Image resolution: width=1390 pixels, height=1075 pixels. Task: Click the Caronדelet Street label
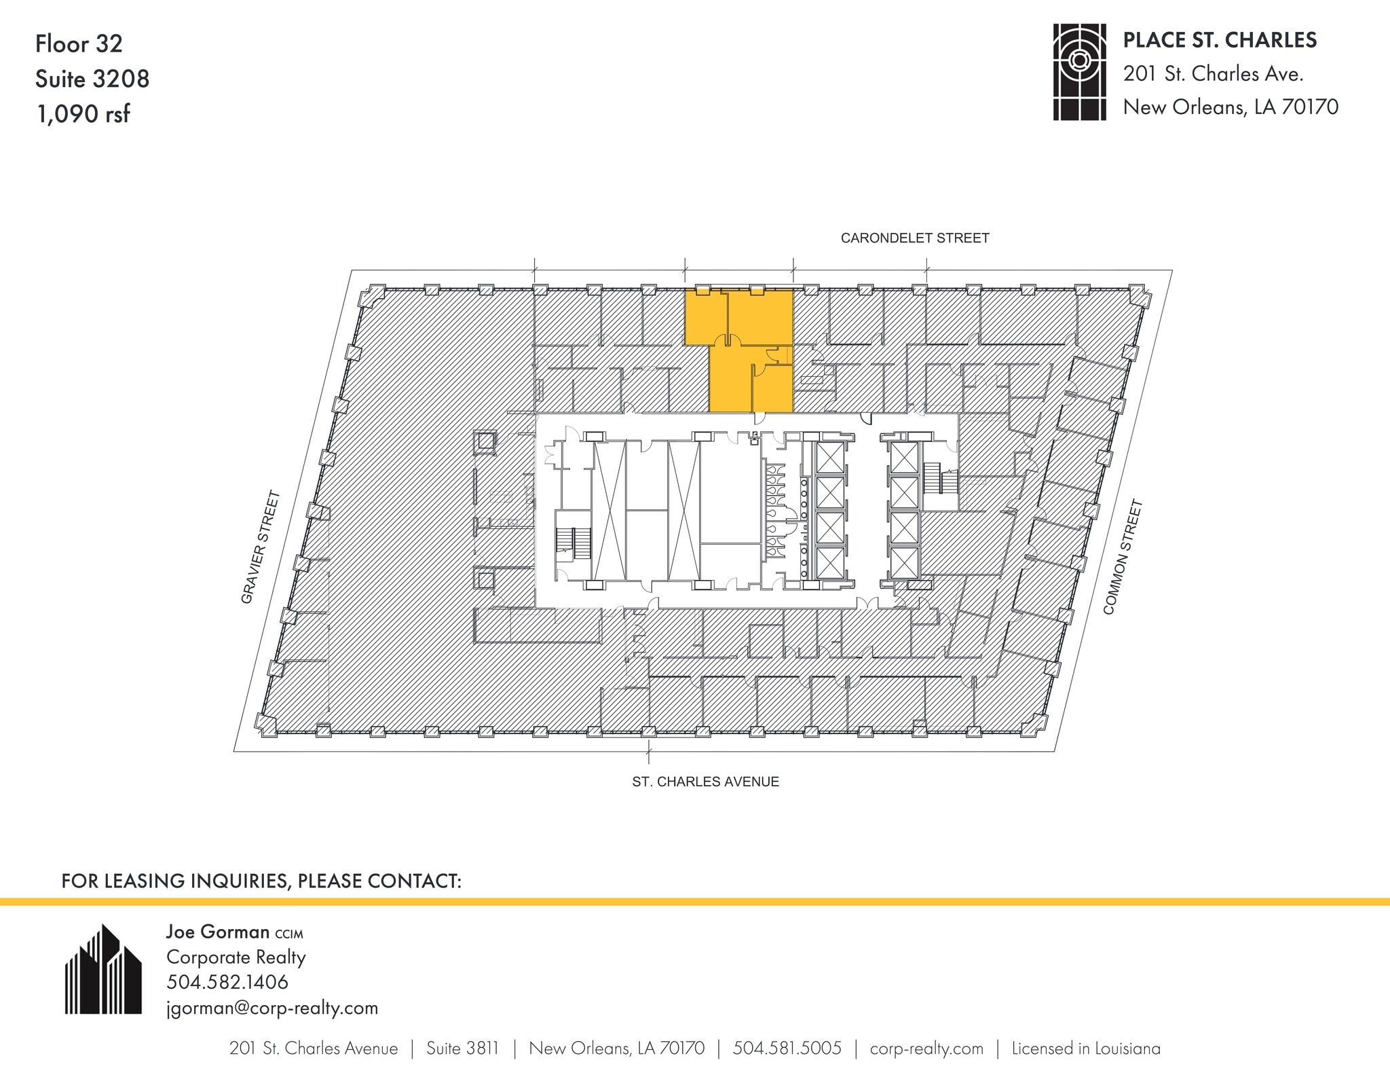(914, 238)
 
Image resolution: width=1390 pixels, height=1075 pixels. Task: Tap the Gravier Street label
(261, 547)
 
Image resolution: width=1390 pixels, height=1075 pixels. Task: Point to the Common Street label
(1123, 558)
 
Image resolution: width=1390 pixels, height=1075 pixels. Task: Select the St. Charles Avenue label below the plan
(705, 782)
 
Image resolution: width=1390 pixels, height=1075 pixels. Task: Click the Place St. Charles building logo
(1079, 73)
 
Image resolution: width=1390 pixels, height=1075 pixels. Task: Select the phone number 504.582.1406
(227, 982)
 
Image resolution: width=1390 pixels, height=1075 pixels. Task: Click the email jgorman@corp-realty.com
(272, 1008)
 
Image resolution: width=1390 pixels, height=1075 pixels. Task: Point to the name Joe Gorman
(218, 932)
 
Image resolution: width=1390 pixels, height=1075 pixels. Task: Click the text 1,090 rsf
(83, 114)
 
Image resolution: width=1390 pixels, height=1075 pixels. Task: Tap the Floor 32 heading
(79, 44)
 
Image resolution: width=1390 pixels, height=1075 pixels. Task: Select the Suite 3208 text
(92, 79)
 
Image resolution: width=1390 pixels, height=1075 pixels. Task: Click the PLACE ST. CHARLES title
(1220, 41)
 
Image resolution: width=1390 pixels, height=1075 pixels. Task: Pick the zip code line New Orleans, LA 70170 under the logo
(1231, 107)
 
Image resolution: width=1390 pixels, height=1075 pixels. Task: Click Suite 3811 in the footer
(462, 1049)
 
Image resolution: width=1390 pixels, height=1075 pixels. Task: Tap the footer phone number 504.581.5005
(787, 1049)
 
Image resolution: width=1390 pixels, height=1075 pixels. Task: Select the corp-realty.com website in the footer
(926, 1049)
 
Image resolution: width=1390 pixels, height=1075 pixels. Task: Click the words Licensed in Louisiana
(1086, 1049)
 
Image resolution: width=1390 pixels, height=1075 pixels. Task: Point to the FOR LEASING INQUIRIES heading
(261, 881)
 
